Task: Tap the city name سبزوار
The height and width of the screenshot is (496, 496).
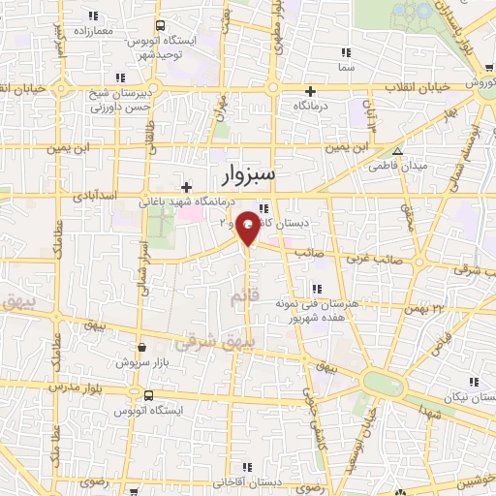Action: point(242,174)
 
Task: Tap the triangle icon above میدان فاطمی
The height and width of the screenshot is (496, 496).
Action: point(397,151)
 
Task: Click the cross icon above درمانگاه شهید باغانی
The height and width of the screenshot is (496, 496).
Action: point(187,187)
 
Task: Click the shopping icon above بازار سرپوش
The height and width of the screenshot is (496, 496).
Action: point(141,348)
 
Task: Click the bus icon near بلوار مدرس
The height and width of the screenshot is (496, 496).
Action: point(148,395)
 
